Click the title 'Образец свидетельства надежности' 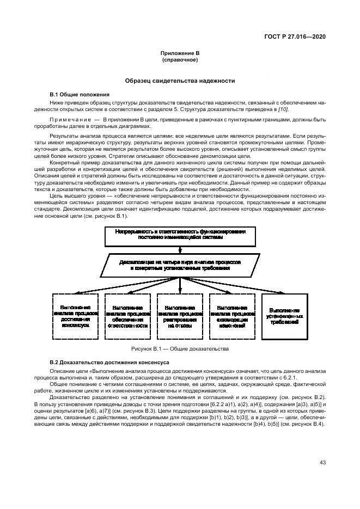click(180, 81)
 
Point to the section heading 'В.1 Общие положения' click(80, 94)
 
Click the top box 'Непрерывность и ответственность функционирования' click(180, 235)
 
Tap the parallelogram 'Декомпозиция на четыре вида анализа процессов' click(180, 265)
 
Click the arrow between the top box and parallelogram click(180, 248)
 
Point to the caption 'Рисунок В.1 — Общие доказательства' click(180, 348)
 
